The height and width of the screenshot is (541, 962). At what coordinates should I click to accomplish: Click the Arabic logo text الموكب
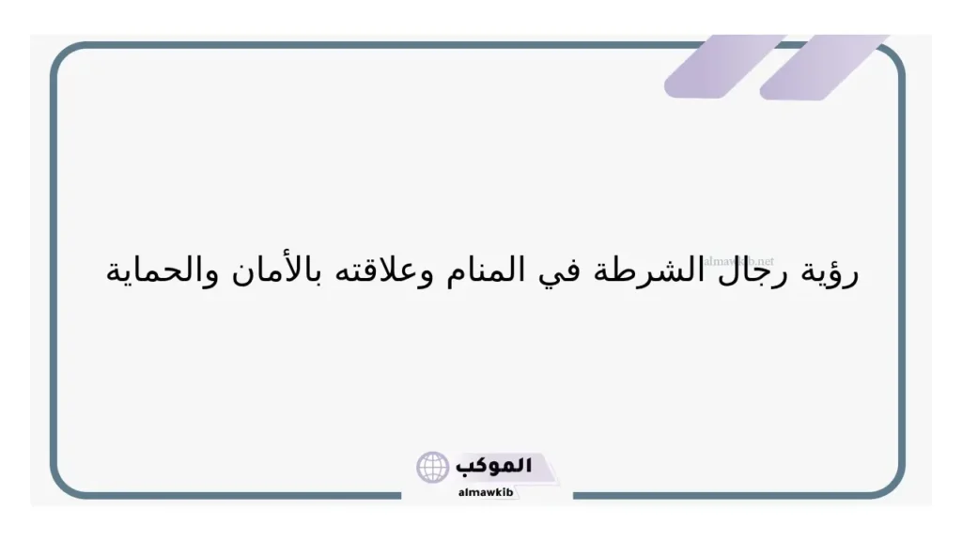[493, 465]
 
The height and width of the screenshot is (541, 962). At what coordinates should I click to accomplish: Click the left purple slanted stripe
[723, 68]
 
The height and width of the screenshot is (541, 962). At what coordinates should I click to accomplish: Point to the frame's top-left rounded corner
[66, 58]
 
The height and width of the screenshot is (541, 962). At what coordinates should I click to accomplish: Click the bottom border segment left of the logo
[235, 495]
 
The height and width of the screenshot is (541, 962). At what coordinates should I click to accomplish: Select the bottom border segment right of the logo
[733, 495]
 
